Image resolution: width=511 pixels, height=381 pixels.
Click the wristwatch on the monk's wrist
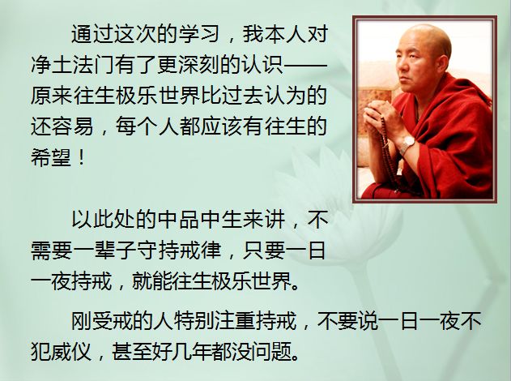pos(407,144)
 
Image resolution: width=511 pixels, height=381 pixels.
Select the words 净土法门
pos(73,65)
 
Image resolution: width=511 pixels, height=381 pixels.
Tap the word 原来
pos(52,96)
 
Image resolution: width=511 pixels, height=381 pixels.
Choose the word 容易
pos(73,126)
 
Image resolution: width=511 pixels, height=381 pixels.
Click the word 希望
pos(52,157)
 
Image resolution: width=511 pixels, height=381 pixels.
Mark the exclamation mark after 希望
pos(82,157)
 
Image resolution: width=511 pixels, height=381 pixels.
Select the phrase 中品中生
pos(198,220)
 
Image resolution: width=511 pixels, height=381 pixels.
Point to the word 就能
pos(152,280)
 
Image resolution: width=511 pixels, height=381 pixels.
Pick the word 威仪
pos(73,352)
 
